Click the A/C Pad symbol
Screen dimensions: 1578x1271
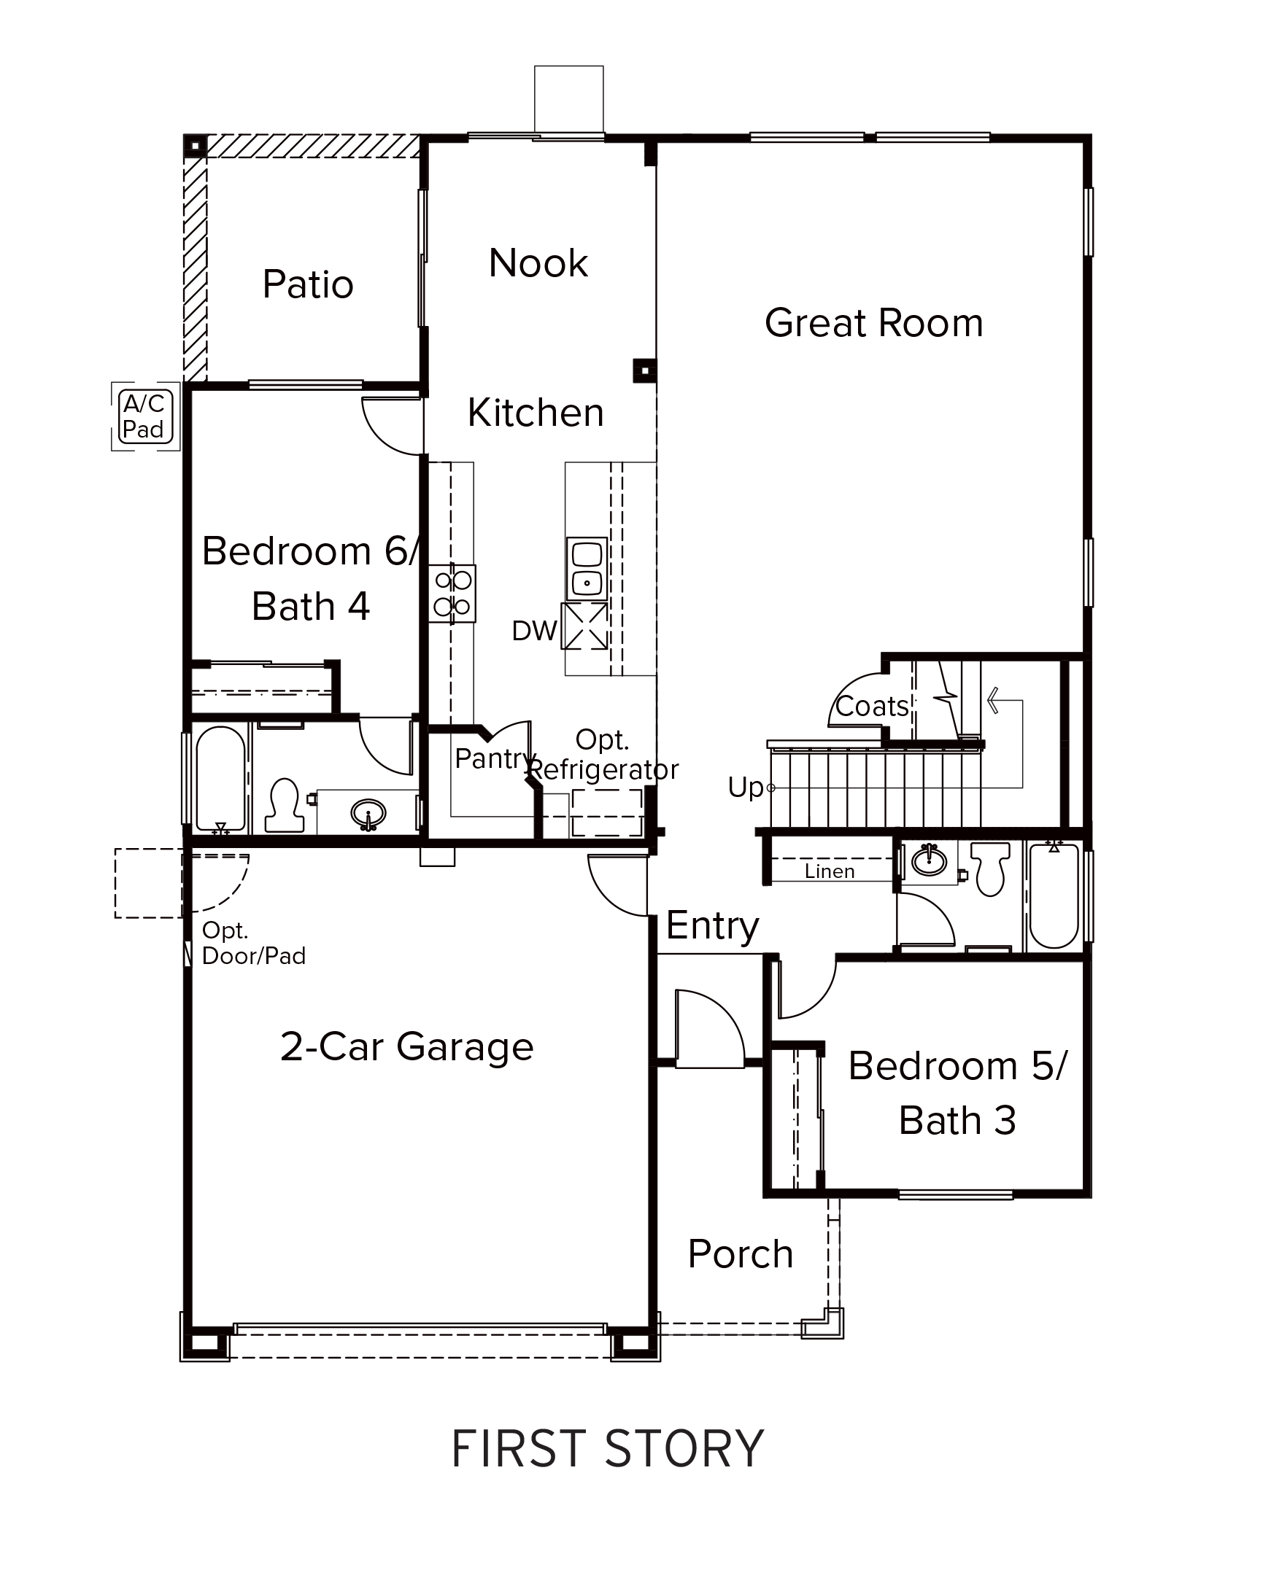point(146,416)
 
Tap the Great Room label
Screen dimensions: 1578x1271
point(873,323)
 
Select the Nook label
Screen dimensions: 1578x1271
point(538,263)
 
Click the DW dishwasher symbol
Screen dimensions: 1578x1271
point(584,626)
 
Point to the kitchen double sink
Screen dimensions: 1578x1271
point(587,570)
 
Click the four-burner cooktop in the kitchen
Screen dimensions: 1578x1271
point(452,594)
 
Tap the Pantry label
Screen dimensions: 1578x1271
point(491,758)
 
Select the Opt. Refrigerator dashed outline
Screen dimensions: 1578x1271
point(607,813)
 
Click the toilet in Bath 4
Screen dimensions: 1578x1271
point(285,805)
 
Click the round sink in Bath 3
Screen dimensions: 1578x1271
point(929,860)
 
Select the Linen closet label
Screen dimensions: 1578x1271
point(830,871)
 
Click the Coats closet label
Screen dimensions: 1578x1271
point(871,707)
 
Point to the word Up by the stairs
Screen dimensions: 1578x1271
point(746,788)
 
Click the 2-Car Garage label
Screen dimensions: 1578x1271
point(407,1047)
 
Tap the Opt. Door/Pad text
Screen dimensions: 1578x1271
point(253,944)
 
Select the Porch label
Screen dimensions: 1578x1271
point(740,1254)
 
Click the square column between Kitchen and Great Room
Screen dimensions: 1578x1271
point(644,371)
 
